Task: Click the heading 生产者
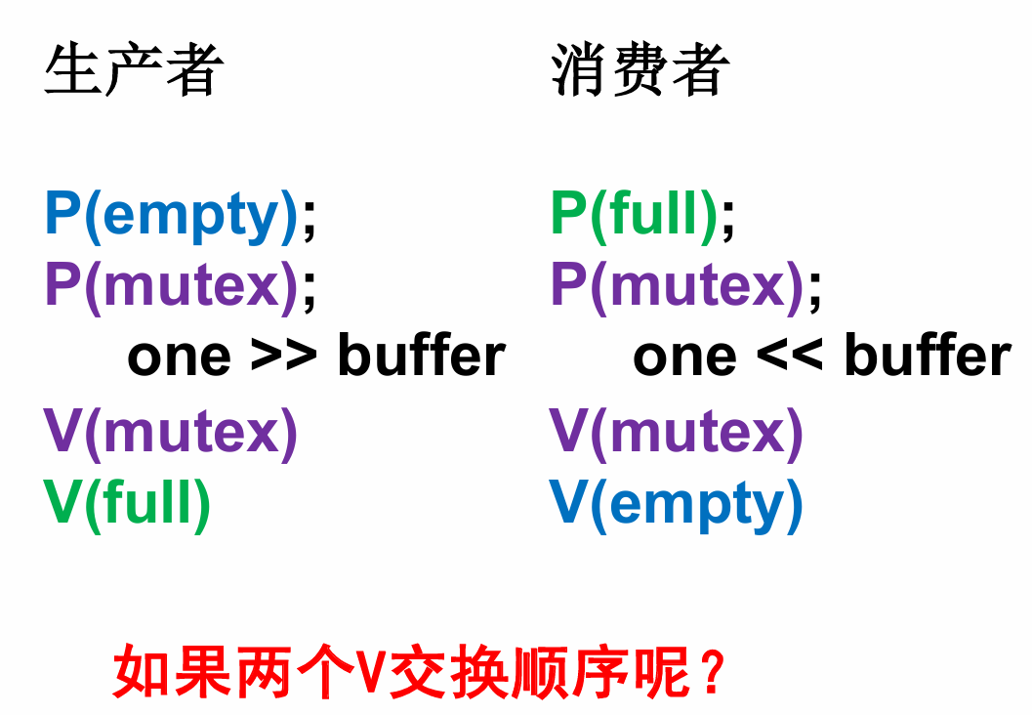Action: tap(134, 70)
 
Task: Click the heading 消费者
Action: tap(640, 70)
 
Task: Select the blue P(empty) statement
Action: tap(171, 216)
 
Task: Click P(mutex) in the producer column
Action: tap(171, 286)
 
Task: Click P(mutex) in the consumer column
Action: tap(677, 286)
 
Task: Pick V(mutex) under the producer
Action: tap(171, 432)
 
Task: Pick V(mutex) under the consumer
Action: tap(677, 432)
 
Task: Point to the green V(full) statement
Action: tap(128, 503)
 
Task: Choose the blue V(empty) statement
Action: tap(677, 503)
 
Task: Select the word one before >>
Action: tap(179, 357)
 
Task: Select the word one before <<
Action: tap(684, 357)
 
